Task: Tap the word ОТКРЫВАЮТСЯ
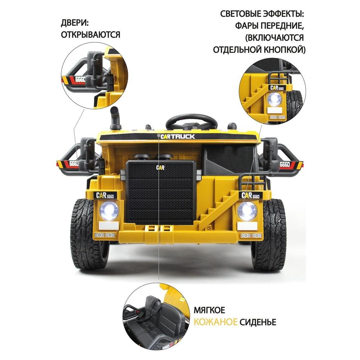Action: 90,35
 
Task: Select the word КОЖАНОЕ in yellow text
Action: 216,322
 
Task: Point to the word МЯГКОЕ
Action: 210,310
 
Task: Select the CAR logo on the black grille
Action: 160,167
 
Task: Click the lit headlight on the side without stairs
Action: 109,211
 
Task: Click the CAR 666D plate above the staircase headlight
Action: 251,195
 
